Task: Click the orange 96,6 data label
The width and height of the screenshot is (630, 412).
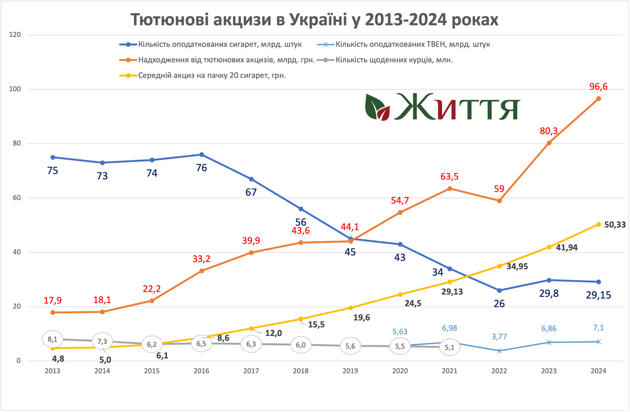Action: coord(598,87)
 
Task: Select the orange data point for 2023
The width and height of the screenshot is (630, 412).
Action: coord(549,143)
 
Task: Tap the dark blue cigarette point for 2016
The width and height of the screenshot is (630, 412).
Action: coord(202,155)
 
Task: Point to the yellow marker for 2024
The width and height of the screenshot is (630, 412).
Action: coord(598,224)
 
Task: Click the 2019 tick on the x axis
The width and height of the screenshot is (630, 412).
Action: coord(350,371)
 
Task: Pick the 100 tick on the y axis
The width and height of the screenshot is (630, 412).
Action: coord(15,89)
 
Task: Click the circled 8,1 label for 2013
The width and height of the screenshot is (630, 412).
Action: coord(52,339)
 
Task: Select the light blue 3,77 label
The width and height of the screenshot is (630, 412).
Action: coord(499,337)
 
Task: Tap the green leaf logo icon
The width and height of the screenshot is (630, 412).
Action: coord(377,107)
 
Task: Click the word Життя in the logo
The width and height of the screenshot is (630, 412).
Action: coord(457,107)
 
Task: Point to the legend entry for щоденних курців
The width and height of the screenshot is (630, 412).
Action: coord(394,60)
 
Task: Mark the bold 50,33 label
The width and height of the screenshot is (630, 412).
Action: coord(615,225)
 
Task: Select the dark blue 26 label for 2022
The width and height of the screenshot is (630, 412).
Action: coord(499,304)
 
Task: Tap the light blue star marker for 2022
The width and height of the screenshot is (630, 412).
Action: coord(499,350)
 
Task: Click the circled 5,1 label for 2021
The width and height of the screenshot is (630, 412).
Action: coord(450,347)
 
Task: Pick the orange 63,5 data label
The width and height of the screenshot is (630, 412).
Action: coord(450,177)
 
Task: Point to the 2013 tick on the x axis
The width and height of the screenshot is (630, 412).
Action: coord(52,371)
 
